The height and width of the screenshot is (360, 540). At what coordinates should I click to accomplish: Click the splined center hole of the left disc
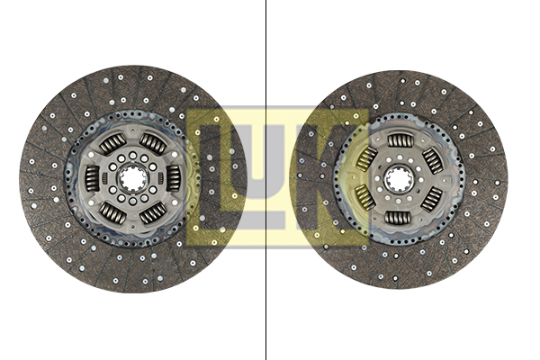pos(133,178)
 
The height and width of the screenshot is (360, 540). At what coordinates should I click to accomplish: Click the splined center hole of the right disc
pos(399,179)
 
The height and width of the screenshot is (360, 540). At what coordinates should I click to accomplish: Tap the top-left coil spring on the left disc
pos(113,143)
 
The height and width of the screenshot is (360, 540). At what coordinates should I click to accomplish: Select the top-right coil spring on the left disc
pos(153,143)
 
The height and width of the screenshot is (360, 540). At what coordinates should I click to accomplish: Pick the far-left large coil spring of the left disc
pos(93,178)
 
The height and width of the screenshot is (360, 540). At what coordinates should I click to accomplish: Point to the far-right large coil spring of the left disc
pos(173,178)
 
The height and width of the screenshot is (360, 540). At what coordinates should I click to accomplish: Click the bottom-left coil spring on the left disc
pos(113,213)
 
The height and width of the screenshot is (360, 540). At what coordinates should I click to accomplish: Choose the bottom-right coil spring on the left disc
pos(153,213)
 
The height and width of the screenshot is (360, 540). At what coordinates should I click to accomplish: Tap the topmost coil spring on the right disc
pos(400,140)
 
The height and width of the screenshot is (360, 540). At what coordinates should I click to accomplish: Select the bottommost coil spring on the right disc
pos(398,218)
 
